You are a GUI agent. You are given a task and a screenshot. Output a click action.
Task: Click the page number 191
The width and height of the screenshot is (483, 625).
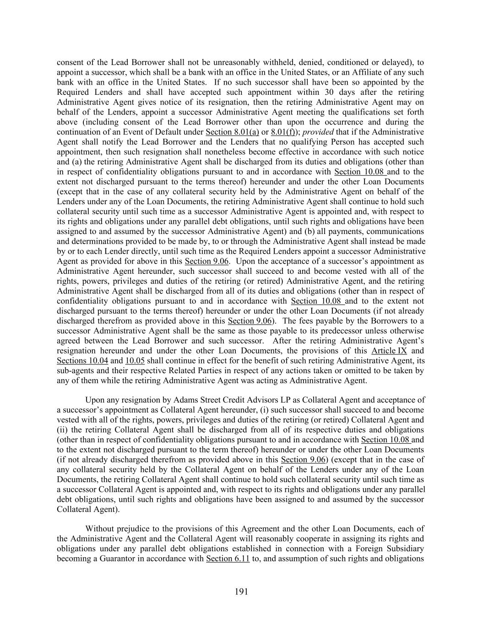[241, 592]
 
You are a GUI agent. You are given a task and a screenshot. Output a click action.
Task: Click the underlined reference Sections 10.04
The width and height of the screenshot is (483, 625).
[82, 361]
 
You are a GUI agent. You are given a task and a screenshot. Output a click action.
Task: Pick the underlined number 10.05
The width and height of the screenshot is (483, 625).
[135, 361]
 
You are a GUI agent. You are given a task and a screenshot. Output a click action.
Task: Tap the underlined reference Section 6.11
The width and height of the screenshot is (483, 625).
[228, 559]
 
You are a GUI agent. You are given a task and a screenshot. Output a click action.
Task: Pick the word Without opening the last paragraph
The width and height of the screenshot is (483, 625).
[101, 529]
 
